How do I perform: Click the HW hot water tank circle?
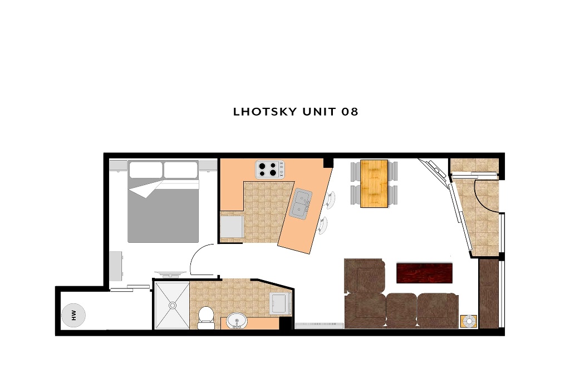click(x=73, y=315)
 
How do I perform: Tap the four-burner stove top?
click(x=270, y=169)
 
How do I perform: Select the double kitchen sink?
click(x=301, y=204)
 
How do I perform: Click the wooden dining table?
click(x=374, y=184)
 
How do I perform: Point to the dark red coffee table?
click(x=425, y=273)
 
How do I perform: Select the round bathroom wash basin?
click(x=237, y=321)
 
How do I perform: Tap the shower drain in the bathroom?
click(x=173, y=306)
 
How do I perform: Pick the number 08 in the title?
click(x=350, y=112)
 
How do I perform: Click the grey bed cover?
click(x=163, y=211)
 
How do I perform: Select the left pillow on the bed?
click(x=146, y=169)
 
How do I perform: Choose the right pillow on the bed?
click(x=181, y=169)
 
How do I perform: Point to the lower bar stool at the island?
click(x=322, y=226)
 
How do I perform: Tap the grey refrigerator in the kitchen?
click(x=232, y=227)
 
